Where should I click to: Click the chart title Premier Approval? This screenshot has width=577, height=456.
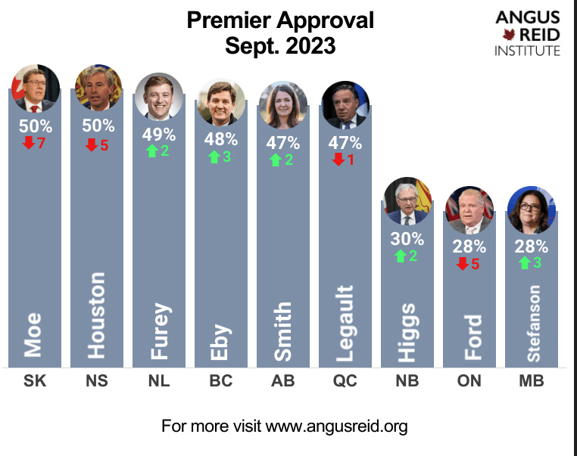(280, 20)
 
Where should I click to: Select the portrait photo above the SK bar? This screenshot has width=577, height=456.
(35, 88)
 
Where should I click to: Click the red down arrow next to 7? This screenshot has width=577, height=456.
(29, 143)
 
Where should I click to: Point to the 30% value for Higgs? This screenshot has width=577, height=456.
(407, 239)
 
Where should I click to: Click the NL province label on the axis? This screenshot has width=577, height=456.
(158, 381)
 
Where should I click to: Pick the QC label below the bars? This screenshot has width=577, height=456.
(345, 381)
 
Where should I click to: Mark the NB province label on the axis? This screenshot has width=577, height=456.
(407, 381)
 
